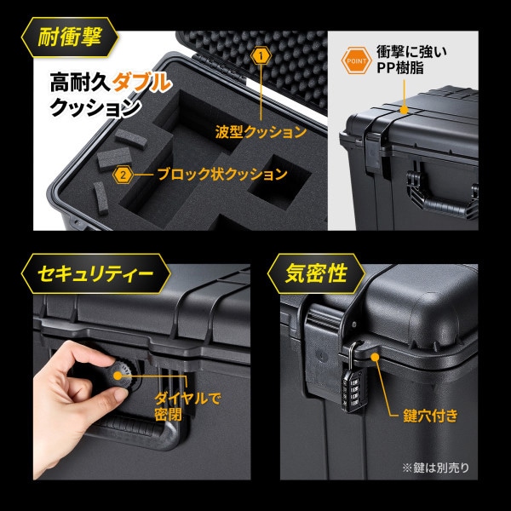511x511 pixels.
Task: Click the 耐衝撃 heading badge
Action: [70, 37]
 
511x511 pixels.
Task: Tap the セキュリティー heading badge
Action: [95, 273]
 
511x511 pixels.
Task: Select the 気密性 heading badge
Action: [316, 273]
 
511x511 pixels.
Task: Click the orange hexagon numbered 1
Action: [261, 56]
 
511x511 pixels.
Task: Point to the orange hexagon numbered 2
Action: [123, 175]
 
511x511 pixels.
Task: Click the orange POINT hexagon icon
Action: [357, 60]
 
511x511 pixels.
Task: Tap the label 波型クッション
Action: [261, 132]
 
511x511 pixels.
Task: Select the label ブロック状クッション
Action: [222, 175]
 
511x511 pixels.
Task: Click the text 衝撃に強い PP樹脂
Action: [411, 60]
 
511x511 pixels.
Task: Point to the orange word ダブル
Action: [141, 82]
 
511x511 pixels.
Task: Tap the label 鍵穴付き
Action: [430, 416]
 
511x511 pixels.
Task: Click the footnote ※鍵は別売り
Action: [436, 468]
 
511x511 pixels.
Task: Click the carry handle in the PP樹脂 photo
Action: [443, 196]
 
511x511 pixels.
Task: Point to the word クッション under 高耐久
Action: [95, 107]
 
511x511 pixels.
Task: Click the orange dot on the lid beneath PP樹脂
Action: [404, 110]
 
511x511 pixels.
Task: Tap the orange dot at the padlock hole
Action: [375, 357]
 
